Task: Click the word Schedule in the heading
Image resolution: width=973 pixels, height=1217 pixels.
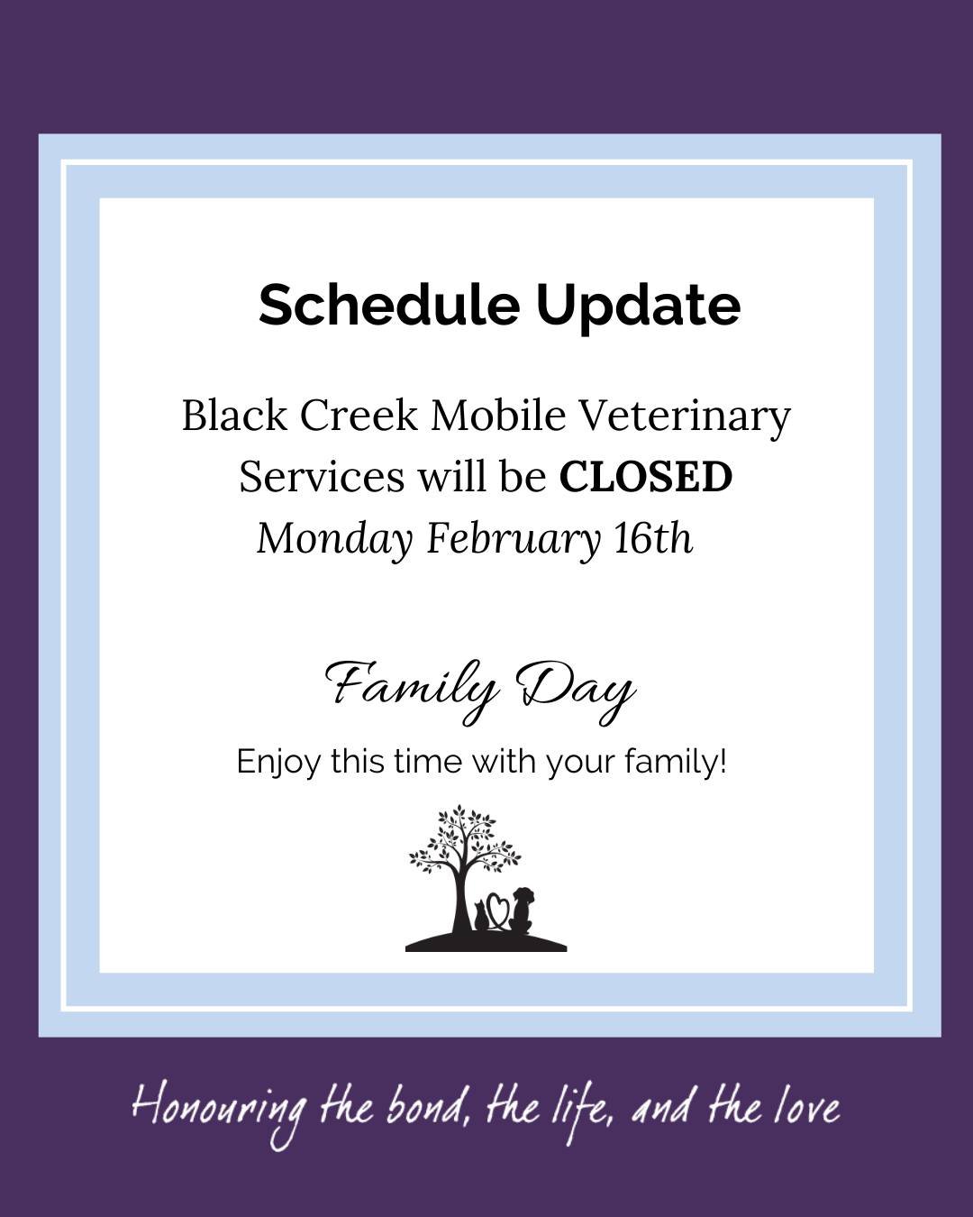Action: point(388,305)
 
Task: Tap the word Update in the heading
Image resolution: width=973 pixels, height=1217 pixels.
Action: point(638,307)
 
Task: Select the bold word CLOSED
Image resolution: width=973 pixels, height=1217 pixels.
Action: point(645,477)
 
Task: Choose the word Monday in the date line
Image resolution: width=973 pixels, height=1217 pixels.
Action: point(334,539)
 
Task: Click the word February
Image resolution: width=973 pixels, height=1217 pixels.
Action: point(513,539)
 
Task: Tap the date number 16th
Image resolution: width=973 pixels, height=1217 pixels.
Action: point(653,539)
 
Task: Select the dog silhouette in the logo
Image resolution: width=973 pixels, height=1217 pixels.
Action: point(523,909)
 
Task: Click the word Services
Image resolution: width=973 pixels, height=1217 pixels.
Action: point(321,477)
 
